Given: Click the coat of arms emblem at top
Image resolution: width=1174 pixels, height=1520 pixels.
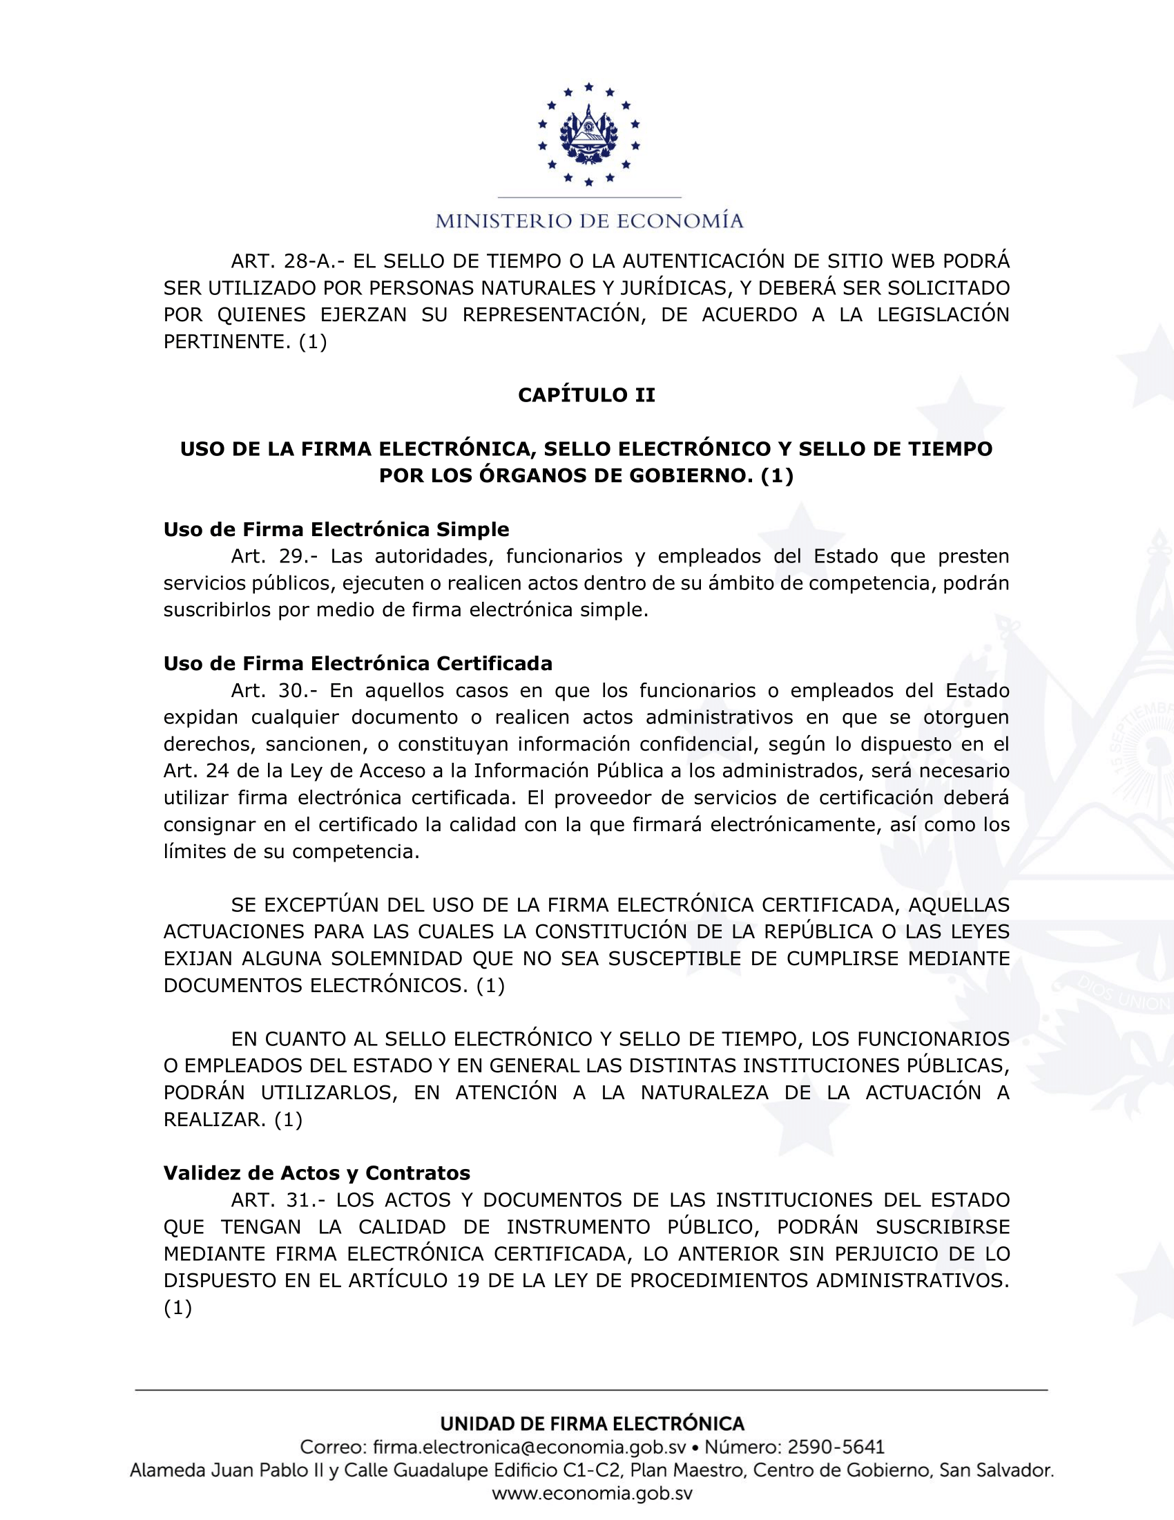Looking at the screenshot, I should (x=588, y=134).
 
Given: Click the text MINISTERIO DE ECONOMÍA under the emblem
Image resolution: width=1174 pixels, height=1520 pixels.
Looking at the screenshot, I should (x=589, y=221).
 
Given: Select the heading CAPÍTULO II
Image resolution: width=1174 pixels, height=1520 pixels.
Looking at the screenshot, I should (x=586, y=395).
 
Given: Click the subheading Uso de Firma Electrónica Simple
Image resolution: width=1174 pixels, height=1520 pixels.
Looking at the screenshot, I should (x=336, y=530).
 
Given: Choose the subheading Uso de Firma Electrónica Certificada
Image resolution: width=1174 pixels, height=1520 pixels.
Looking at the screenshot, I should (x=358, y=663).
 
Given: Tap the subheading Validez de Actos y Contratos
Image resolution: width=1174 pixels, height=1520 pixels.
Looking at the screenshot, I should (x=316, y=1172).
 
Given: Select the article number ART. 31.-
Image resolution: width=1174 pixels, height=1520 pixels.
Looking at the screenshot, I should (x=278, y=1200).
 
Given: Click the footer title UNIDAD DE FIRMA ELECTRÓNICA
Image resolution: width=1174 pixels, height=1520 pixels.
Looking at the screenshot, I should (x=592, y=1424).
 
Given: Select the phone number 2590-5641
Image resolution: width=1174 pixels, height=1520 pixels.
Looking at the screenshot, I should (x=836, y=1447).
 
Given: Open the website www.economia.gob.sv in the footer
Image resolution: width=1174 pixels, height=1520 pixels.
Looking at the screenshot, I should (x=592, y=1494).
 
